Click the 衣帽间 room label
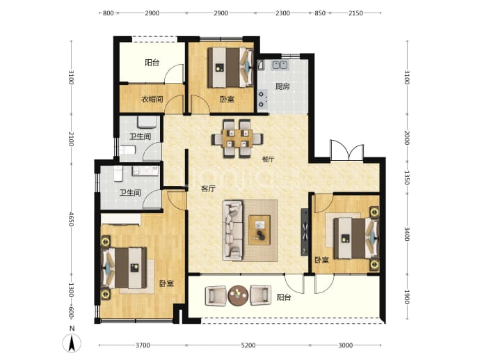coord(152,99)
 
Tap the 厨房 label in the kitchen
coord(282,86)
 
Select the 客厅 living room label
coord(208,189)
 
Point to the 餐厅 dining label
coord(268,159)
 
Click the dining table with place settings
coord(237,139)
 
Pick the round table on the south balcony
coord(238,296)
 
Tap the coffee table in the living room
coord(259,230)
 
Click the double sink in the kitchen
coord(280,65)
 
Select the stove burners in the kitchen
coord(262,100)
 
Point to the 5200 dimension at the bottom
coord(248,345)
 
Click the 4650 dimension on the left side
coord(71,219)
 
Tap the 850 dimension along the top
coord(320,13)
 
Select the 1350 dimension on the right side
coord(406,178)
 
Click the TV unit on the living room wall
coord(305,232)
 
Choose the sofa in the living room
coord(232,230)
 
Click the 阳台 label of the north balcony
coord(152,63)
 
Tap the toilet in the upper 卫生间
coord(128,150)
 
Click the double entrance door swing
coord(347,150)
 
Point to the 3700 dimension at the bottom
coord(143,345)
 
